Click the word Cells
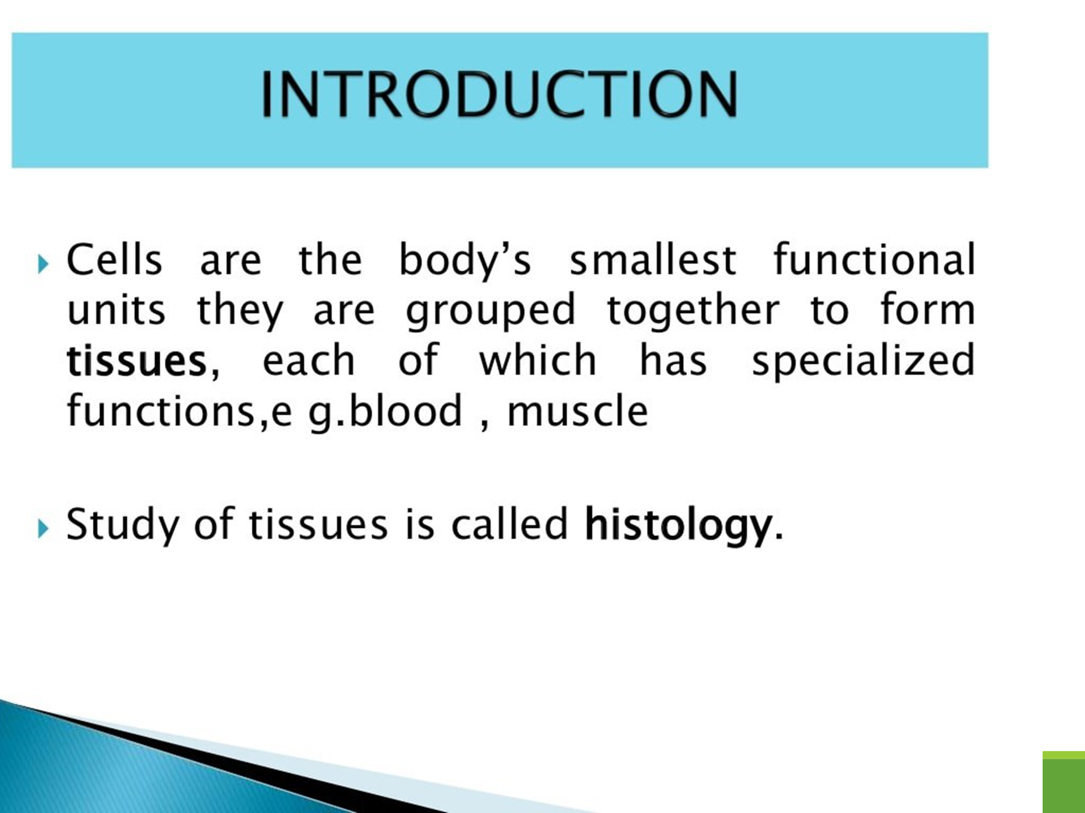click(114, 260)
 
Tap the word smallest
click(653, 260)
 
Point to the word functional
click(874, 260)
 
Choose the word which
click(538, 360)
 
